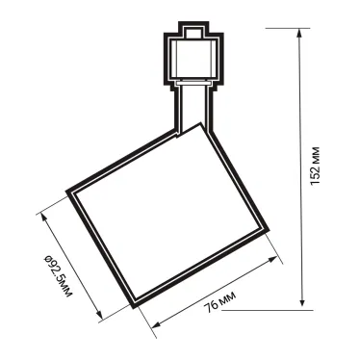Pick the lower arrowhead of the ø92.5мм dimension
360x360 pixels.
pyautogui.click(x=99, y=313)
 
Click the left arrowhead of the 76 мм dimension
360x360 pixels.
pyautogui.click(x=154, y=326)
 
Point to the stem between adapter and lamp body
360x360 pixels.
pyautogui.click(x=192, y=106)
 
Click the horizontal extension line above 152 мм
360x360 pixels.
pyautogui.click(x=289, y=24)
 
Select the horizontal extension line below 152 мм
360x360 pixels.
pyautogui.click(x=289, y=310)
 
